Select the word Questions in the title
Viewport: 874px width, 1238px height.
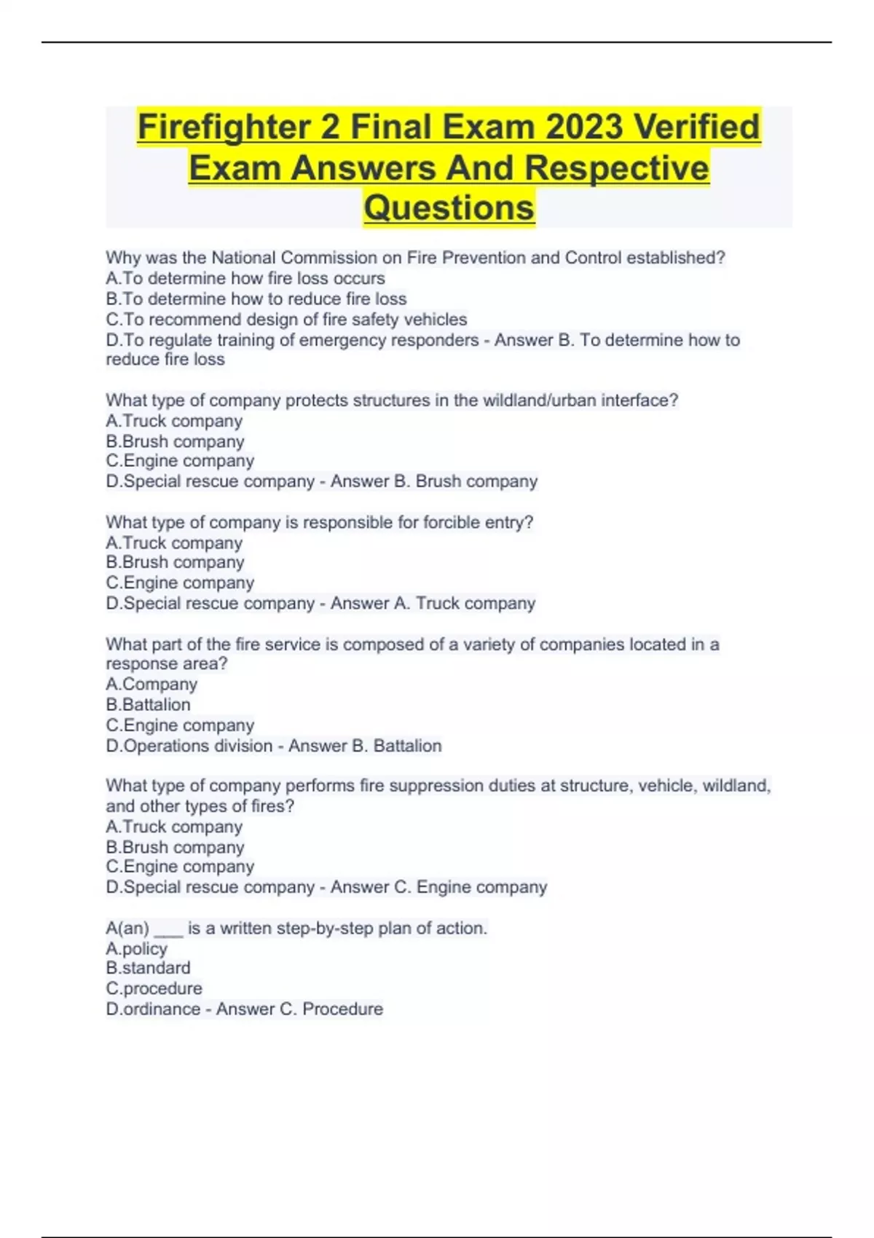pos(449,208)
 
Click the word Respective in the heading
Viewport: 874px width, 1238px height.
pos(616,168)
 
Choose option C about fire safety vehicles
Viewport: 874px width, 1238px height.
pos(286,320)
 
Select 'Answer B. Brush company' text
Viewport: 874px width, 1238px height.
pos(434,481)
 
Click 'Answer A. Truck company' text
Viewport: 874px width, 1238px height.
pos(433,603)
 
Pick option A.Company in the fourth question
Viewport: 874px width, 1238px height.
pos(151,685)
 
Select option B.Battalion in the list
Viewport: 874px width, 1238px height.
pos(148,705)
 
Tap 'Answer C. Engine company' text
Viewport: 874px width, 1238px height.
pos(438,887)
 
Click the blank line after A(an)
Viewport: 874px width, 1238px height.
pos(168,931)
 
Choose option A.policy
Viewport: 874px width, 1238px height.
pos(136,949)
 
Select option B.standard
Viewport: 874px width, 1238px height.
pos(148,968)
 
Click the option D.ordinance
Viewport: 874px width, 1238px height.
pos(153,1009)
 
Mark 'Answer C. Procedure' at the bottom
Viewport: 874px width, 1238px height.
pos(299,1009)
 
